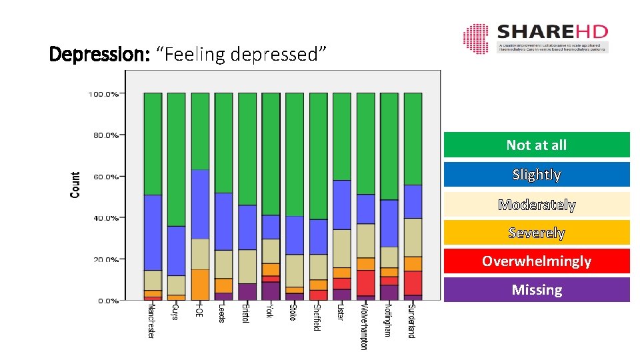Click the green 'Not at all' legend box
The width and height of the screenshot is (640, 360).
(536, 145)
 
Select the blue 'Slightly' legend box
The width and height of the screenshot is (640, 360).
(536, 175)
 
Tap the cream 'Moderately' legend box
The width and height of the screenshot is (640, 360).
(536, 205)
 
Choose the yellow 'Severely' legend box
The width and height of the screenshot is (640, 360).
(536, 233)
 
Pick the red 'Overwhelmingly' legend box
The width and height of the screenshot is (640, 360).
(536, 261)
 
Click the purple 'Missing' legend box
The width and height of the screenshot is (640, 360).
(536, 289)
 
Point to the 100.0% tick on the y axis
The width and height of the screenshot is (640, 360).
(103, 94)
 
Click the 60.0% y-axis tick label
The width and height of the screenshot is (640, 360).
(105, 177)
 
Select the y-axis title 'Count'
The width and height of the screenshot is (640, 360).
(75, 185)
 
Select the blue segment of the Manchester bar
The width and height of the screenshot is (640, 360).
(153, 232)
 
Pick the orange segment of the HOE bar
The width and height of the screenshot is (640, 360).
(200, 285)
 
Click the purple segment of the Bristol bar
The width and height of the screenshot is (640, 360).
(247, 292)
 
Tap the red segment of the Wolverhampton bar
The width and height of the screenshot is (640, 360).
(365, 283)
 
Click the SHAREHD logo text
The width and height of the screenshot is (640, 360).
(552, 32)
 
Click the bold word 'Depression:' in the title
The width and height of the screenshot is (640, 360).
(99, 53)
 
